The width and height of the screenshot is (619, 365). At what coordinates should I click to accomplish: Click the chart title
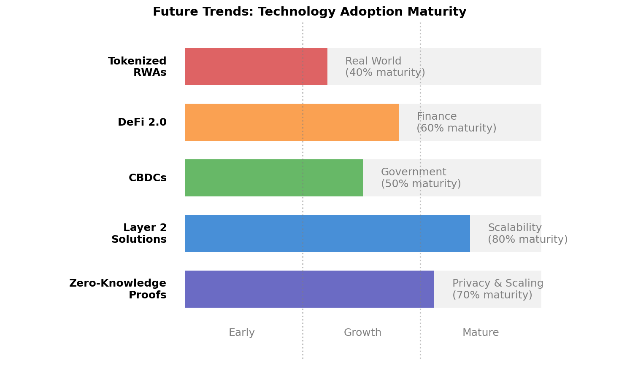[x=309, y=12]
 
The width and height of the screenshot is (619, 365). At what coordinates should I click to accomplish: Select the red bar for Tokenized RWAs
[x=256, y=67]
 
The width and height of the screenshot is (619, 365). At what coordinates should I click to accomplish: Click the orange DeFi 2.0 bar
[x=291, y=122]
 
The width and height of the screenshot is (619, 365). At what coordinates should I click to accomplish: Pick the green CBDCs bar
[x=273, y=178]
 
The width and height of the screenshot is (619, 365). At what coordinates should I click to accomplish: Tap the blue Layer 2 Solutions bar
[x=327, y=233]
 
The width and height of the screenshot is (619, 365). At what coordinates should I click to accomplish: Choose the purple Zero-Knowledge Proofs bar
[x=309, y=289]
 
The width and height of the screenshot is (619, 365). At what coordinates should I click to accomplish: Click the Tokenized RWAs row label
[x=137, y=67]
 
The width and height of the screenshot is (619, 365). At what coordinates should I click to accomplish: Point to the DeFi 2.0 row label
[x=142, y=122]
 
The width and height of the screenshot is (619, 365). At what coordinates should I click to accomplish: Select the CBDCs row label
[x=148, y=178]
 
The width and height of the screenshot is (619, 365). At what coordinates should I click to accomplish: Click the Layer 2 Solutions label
[x=139, y=233]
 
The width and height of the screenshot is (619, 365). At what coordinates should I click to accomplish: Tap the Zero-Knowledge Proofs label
[x=118, y=289]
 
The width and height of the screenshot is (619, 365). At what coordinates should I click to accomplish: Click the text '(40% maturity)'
[x=385, y=72]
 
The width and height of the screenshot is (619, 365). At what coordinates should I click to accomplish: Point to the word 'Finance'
[x=436, y=116]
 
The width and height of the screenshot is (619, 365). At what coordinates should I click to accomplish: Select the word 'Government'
[x=413, y=172]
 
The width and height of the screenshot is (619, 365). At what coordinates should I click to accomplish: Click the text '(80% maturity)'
[x=527, y=239]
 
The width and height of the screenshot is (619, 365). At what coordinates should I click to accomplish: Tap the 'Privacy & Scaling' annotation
[x=497, y=283]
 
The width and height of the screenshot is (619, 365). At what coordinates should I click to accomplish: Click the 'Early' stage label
[x=241, y=333]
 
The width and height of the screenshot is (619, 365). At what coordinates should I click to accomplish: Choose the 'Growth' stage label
[x=362, y=333]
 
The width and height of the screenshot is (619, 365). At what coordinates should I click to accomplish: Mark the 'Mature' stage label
[x=480, y=333]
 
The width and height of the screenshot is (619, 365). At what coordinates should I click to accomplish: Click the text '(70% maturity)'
[x=492, y=295]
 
